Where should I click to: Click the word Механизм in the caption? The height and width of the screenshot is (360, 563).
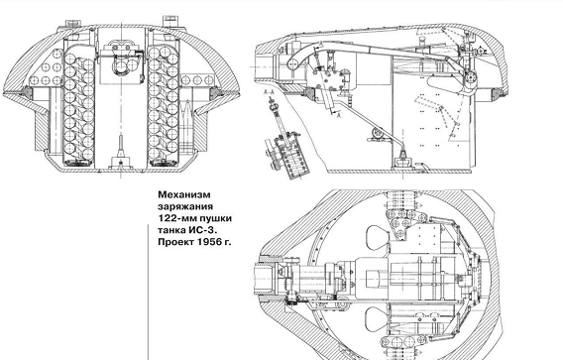184,194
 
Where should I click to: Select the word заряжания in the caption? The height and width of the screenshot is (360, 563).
185,207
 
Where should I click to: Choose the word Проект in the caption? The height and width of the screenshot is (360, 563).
175,242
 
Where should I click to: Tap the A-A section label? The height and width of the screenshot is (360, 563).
269,92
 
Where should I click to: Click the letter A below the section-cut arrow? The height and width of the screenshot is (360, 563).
338,115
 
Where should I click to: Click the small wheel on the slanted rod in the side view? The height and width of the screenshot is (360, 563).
377,134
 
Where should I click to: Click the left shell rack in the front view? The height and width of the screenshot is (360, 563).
78,104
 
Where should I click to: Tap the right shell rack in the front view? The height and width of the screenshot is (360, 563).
163,104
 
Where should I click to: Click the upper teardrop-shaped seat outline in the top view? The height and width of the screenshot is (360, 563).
378,235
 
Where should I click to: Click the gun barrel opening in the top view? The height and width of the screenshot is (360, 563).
265,279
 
